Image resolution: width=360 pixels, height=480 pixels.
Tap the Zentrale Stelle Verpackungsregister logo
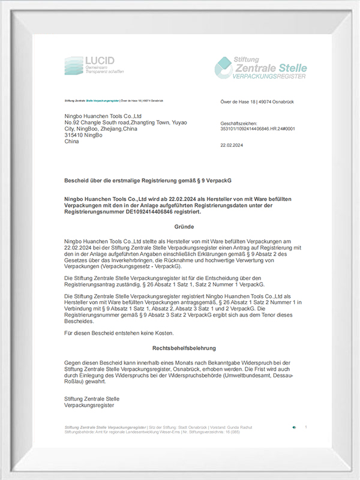tap(260, 67)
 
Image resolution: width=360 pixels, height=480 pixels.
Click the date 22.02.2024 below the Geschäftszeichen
tap(231, 145)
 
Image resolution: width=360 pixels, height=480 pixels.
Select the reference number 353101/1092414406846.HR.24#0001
tap(259, 128)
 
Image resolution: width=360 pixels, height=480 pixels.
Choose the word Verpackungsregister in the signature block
tap(89, 406)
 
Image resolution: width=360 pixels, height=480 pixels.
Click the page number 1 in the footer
tap(306, 427)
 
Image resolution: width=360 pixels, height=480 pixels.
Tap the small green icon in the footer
tap(293, 427)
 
